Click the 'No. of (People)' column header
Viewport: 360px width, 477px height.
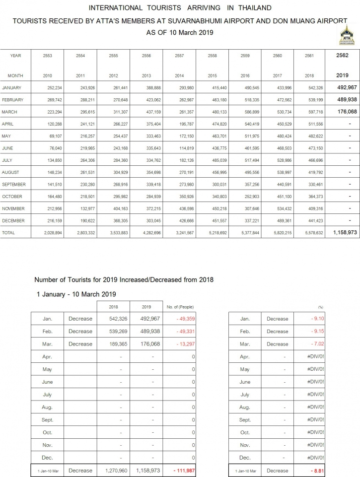180,307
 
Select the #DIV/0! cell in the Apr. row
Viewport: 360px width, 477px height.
315,357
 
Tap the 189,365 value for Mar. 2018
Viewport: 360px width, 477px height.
117,344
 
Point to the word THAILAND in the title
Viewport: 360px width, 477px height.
253,8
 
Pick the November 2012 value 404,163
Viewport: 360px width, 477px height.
113,209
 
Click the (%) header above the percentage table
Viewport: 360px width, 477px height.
320,308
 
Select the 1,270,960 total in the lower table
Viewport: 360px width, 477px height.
117,471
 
